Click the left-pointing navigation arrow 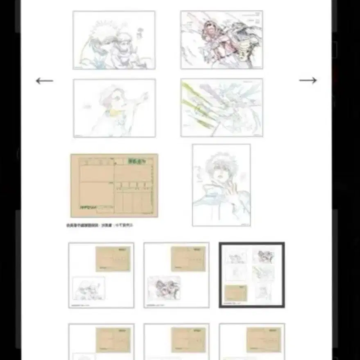(44, 81)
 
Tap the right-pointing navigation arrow (308, 80)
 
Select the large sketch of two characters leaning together (114, 40)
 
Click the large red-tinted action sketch (222, 40)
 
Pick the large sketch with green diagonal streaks (222, 108)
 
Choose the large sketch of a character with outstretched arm (114, 108)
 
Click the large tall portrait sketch (221, 185)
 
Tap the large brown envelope (114, 186)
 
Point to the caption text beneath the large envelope (100, 225)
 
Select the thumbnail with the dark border (252, 275)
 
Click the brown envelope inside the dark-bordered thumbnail (236, 293)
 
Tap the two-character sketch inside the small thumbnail (88, 288)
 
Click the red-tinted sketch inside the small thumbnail (164, 288)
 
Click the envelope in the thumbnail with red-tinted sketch (188, 259)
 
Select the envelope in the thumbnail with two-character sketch (113, 259)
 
